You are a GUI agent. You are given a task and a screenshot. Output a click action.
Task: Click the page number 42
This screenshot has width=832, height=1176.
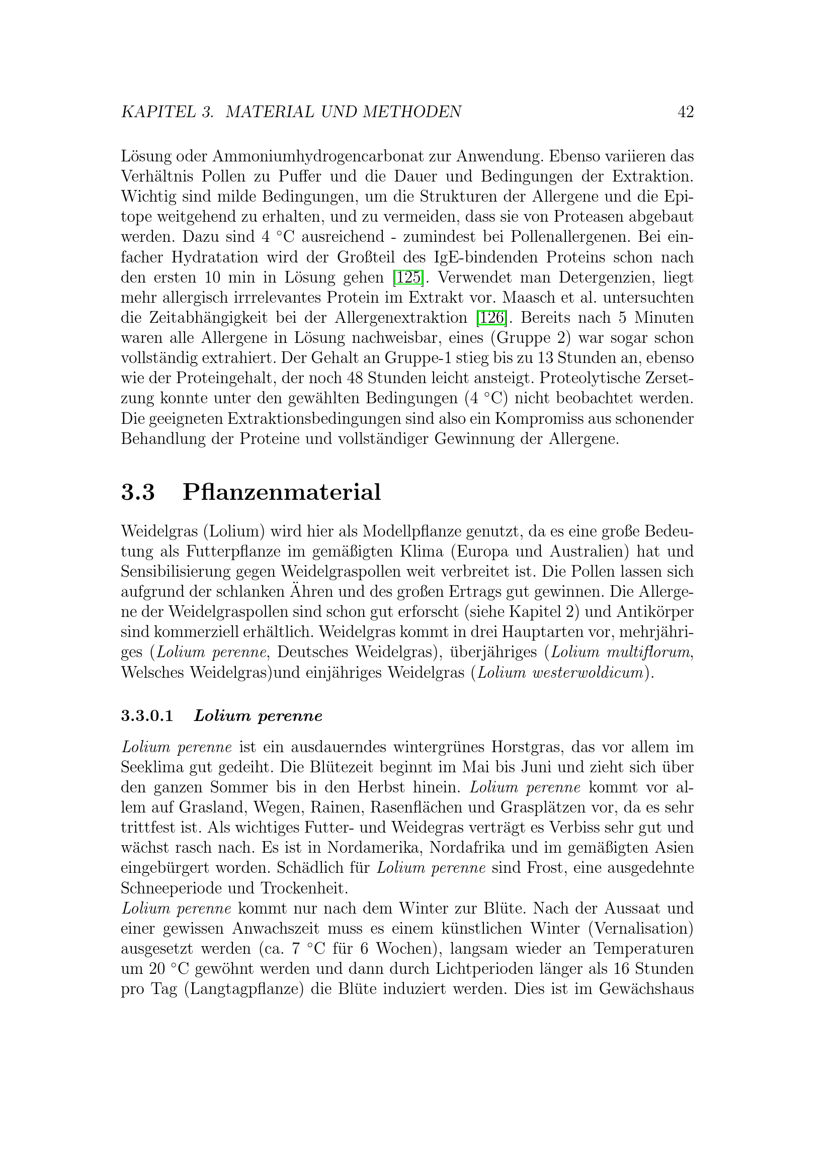(x=686, y=112)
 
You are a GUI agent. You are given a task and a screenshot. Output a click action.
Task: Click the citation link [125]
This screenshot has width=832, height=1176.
(x=408, y=278)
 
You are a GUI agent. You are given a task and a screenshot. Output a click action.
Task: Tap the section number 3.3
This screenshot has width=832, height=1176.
(x=138, y=492)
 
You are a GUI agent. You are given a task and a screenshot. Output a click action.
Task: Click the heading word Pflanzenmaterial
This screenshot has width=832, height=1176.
(x=282, y=492)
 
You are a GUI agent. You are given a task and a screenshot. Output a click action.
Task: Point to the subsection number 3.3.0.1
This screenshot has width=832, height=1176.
(x=147, y=716)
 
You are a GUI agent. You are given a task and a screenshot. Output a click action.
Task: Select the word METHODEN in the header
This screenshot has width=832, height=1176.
(x=412, y=112)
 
